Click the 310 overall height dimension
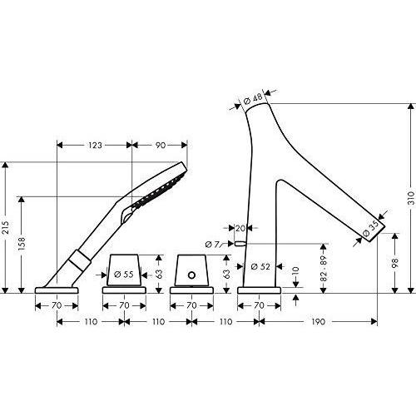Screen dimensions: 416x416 [x=412, y=198]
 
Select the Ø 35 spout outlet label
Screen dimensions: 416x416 [x=371, y=228]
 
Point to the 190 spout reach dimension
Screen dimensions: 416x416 [x=318, y=322]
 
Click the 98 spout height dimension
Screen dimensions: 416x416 [x=395, y=262]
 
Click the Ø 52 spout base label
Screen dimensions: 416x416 [x=260, y=266]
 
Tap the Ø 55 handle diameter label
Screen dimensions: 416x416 [x=124, y=275]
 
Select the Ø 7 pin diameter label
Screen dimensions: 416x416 [x=212, y=245]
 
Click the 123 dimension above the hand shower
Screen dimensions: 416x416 [x=95, y=146]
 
